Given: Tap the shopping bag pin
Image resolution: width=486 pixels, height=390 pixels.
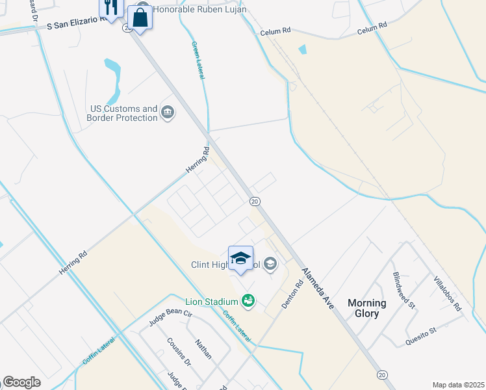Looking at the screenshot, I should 140,18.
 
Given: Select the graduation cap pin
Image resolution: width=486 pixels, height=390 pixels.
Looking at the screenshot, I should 240,258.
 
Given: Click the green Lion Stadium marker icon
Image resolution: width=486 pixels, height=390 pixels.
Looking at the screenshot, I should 248,300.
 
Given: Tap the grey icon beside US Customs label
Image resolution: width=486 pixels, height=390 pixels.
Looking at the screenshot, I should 168,113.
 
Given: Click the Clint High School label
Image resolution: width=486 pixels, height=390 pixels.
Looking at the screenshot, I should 225,265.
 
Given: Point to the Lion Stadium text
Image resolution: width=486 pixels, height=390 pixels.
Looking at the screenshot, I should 211,300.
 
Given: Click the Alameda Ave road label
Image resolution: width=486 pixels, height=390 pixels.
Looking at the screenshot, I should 317,288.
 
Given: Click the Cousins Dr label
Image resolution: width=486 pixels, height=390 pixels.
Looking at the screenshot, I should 178,352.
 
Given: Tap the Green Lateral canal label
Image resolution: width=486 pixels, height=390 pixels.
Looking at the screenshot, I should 198,60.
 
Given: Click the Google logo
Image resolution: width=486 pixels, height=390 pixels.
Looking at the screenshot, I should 21,382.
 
